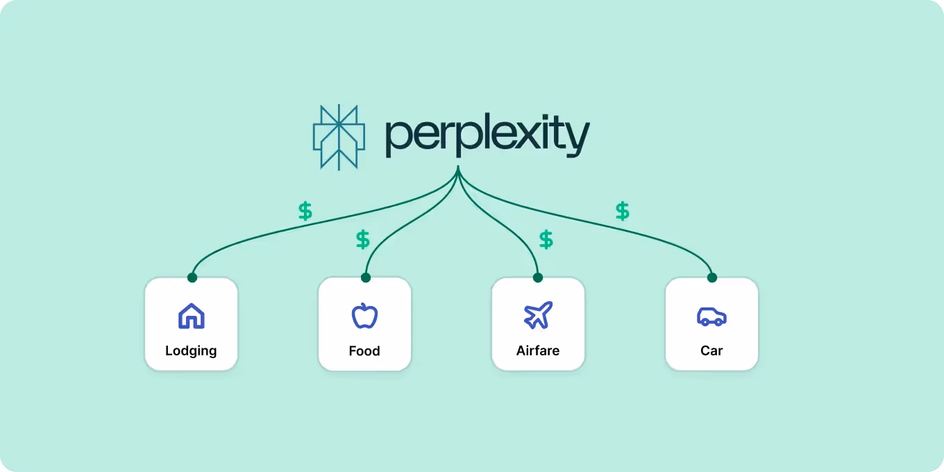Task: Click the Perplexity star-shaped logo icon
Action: [x=339, y=137]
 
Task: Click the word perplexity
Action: [x=487, y=137]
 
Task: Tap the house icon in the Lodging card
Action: [x=192, y=316]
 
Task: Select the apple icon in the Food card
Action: [x=364, y=316]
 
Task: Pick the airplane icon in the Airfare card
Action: [x=538, y=316]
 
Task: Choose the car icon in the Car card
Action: [x=711, y=317]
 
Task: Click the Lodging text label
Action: [x=191, y=351]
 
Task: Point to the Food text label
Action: [x=364, y=351]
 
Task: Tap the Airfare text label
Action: [x=538, y=351]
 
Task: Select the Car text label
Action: [x=711, y=351]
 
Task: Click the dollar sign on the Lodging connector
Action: [x=305, y=211]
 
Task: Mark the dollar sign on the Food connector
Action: [x=363, y=239]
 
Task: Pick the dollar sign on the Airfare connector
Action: [x=546, y=239]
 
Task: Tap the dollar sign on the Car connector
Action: [x=623, y=211]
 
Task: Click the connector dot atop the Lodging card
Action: [x=192, y=278]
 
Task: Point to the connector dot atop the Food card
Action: [x=366, y=278]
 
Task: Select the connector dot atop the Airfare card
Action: [x=537, y=278]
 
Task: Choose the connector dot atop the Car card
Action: [x=711, y=278]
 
